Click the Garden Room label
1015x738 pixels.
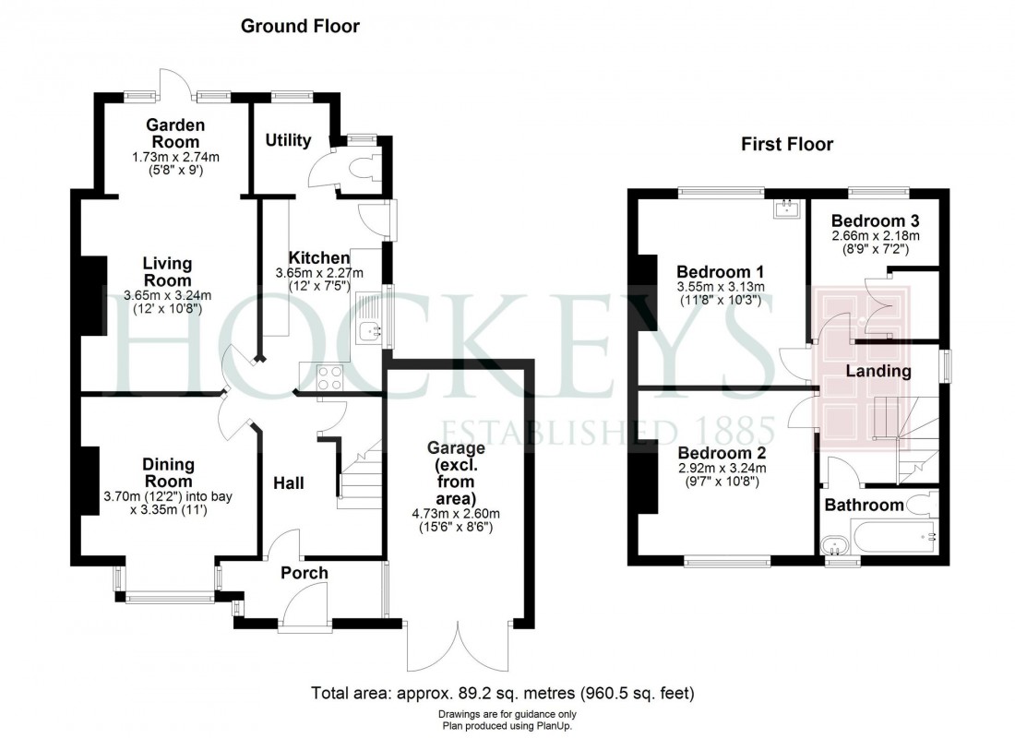click(x=175, y=134)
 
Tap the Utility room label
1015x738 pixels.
click(x=288, y=140)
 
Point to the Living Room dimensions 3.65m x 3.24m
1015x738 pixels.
click(x=167, y=296)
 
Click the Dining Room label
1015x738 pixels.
click(x=167, y=474)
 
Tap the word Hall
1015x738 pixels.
click(x=288, y=482)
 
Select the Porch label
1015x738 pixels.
click(x=304, y=573)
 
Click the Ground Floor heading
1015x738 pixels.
click(x=300, y=27)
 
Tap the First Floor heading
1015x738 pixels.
click(x=787, y=144)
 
